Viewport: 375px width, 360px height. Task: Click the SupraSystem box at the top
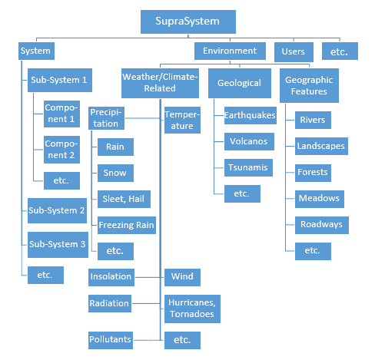(x=188, y=21)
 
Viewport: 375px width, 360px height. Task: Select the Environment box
(x=230, y=51)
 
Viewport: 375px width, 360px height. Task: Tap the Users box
(x=294, y=52)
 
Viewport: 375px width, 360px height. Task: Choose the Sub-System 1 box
(x=60, y=80)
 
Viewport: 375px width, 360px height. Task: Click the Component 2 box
(x=61, y=150)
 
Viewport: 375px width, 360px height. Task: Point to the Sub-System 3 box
(x=58, y=245)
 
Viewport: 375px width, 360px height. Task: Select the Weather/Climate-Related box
(x=160, y=83)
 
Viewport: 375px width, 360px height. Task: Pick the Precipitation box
(x=106, y=118)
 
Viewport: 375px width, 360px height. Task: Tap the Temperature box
(x=182, y=120)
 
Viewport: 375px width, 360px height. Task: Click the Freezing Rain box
(x=127, y=225)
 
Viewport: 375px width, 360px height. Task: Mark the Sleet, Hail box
(x=124, y=199)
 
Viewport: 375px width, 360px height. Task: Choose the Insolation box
(x=111, y=277)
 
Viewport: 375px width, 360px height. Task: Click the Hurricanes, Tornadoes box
(x=192, y=309)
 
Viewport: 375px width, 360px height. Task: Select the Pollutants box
(x=111, y=340)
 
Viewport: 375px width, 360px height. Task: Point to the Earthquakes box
(x=251, y=115)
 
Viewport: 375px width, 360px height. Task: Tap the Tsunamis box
(x=248, y=167)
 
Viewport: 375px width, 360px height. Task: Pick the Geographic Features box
(x=309, y=85)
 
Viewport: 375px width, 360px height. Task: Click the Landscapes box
(x=321, y=146)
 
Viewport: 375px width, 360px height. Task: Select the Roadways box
(x=322, y=225)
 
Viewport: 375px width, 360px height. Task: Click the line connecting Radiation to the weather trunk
(x=146, y=303)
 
